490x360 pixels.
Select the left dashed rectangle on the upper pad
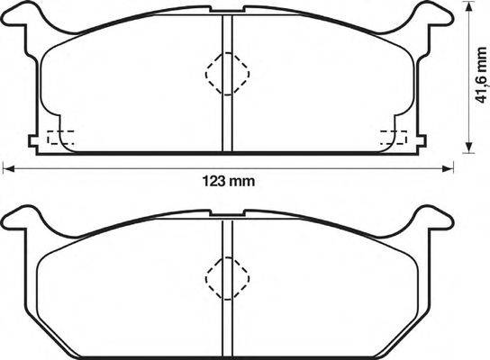pos(59,139)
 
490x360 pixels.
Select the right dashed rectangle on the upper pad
pos(394,139)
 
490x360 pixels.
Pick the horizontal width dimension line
pos(135,168)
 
